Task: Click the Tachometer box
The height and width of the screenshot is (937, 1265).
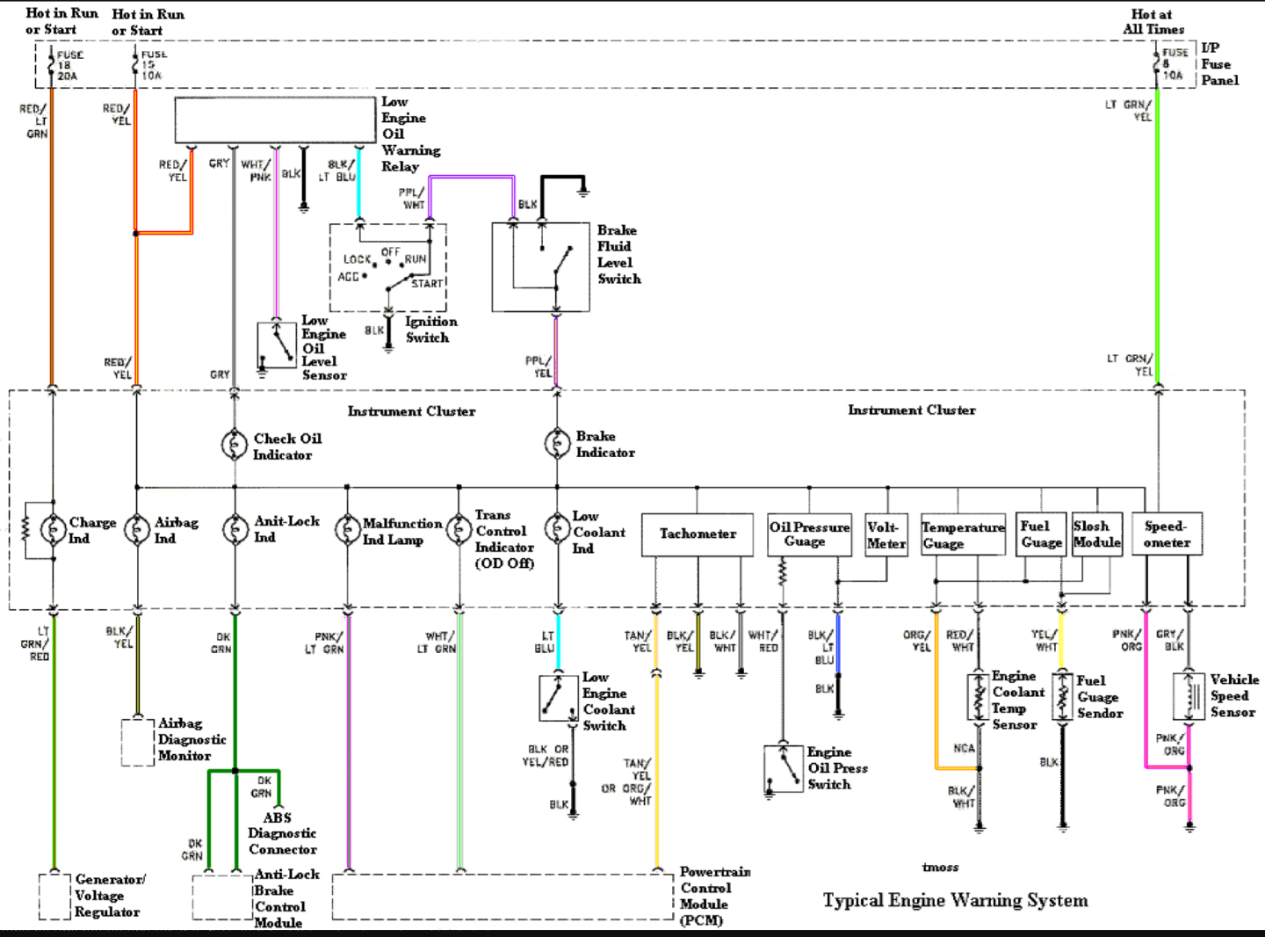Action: [x=697, y=534]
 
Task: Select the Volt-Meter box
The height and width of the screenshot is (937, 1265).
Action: [x=885, y=534]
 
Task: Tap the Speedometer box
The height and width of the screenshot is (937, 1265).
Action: [x=1167, y=534]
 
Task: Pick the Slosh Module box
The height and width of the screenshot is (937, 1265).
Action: [x=1096, y=534]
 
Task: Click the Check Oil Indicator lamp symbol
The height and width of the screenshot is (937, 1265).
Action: [x=234, y=445]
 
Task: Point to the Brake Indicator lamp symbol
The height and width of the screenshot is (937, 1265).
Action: [x=557, y=443]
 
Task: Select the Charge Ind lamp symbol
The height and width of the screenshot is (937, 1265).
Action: [x=53, y=529]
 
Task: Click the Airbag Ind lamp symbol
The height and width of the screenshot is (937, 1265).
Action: [x=137, y=529]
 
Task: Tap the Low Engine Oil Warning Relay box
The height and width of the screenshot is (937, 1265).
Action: [x=275, y=120]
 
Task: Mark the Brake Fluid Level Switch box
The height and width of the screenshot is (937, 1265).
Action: [x=540, y=267]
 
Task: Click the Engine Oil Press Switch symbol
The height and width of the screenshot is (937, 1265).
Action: [x=783, y=768]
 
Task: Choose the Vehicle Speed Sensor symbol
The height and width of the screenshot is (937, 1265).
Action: [x=1189, y=696]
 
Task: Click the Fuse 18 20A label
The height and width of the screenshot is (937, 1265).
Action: [x=69, y=65]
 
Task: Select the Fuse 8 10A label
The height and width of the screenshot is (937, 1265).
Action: [x=1174, y=64]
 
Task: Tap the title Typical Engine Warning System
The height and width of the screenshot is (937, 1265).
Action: [x=955, y=900]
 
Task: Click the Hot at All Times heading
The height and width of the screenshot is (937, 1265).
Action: [x=1153, y=21]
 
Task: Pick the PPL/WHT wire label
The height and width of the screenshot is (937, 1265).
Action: [x=412, y=199]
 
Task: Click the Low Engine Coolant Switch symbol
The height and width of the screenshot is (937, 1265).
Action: [x=559, y=698]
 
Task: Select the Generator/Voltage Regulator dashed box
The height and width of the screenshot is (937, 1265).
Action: [x=54, y=896]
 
